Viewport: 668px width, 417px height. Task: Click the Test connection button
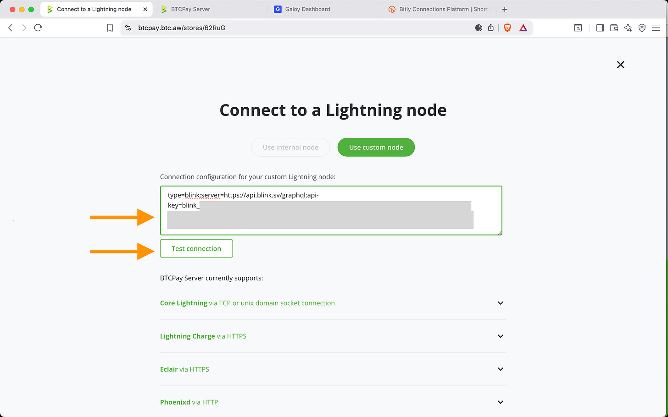pos(196,248)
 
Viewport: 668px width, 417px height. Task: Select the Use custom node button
pos(376,147)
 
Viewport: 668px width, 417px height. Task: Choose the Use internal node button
pos(290,147)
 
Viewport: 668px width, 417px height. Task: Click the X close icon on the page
pos(620,65)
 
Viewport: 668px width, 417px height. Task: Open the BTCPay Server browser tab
pos(190,9)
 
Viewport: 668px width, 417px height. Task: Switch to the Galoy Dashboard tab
pos(307,9)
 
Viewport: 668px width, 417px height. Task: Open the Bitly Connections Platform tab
pos(443,9)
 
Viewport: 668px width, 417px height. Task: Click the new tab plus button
pos(505,9)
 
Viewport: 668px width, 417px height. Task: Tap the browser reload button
pos(38,28)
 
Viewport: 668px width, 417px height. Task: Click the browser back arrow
pos(11,28)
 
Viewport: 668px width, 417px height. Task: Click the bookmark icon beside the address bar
pos(110,28)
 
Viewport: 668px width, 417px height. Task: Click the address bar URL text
pos(182,28)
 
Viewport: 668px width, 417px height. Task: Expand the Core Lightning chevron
pos(501,303)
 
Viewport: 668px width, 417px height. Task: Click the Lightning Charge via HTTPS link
pos(203,336)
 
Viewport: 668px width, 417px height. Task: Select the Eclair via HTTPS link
pos(184,369)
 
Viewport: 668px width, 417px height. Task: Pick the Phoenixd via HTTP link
pos(189,402)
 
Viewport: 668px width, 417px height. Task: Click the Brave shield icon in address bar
pos(507,28)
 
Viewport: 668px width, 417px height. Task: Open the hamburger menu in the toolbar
pos(656,28)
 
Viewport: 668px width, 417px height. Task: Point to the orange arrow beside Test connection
pos(122,251)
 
